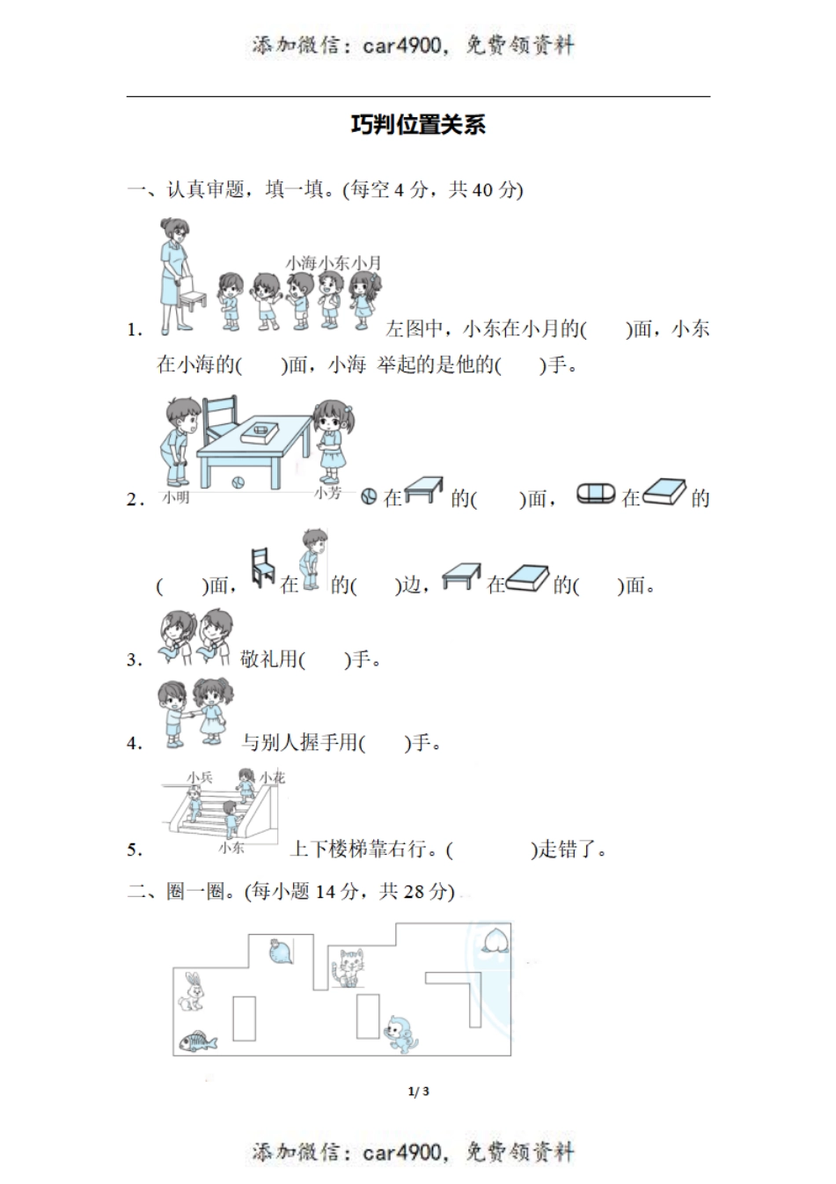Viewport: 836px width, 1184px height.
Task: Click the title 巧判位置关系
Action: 418,125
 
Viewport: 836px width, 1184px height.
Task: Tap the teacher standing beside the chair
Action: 173,273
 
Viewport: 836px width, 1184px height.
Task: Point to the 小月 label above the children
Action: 366,262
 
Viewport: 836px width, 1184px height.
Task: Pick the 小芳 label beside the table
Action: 327,494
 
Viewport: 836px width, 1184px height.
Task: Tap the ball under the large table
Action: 237,482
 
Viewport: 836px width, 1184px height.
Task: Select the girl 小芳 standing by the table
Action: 332,440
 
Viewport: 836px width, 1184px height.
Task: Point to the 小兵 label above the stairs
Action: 200,777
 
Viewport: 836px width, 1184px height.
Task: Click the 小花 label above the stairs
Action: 272,777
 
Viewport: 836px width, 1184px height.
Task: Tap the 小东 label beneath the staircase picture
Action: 231,848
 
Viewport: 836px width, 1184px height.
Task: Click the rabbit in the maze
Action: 191,991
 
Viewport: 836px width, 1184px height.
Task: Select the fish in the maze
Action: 197,1041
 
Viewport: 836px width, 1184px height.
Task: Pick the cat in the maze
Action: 348,968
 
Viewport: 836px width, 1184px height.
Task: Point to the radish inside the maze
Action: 280,952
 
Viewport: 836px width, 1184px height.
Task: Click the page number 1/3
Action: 419,1092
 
